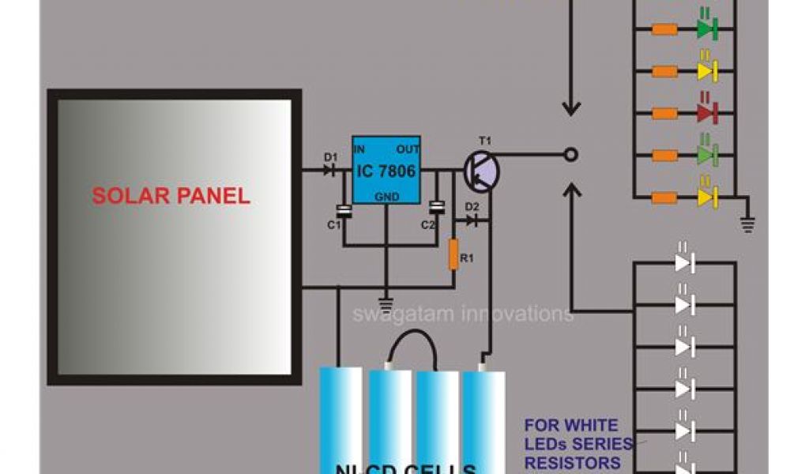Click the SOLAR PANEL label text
171,196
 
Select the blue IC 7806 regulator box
386,169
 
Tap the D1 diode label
330,157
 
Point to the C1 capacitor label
333,225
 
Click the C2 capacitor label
427,225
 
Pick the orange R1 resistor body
453,254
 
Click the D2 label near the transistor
472,208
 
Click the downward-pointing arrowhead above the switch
570,109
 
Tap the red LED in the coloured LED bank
706,113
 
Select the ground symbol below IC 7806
386,300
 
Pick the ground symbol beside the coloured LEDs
746,225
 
